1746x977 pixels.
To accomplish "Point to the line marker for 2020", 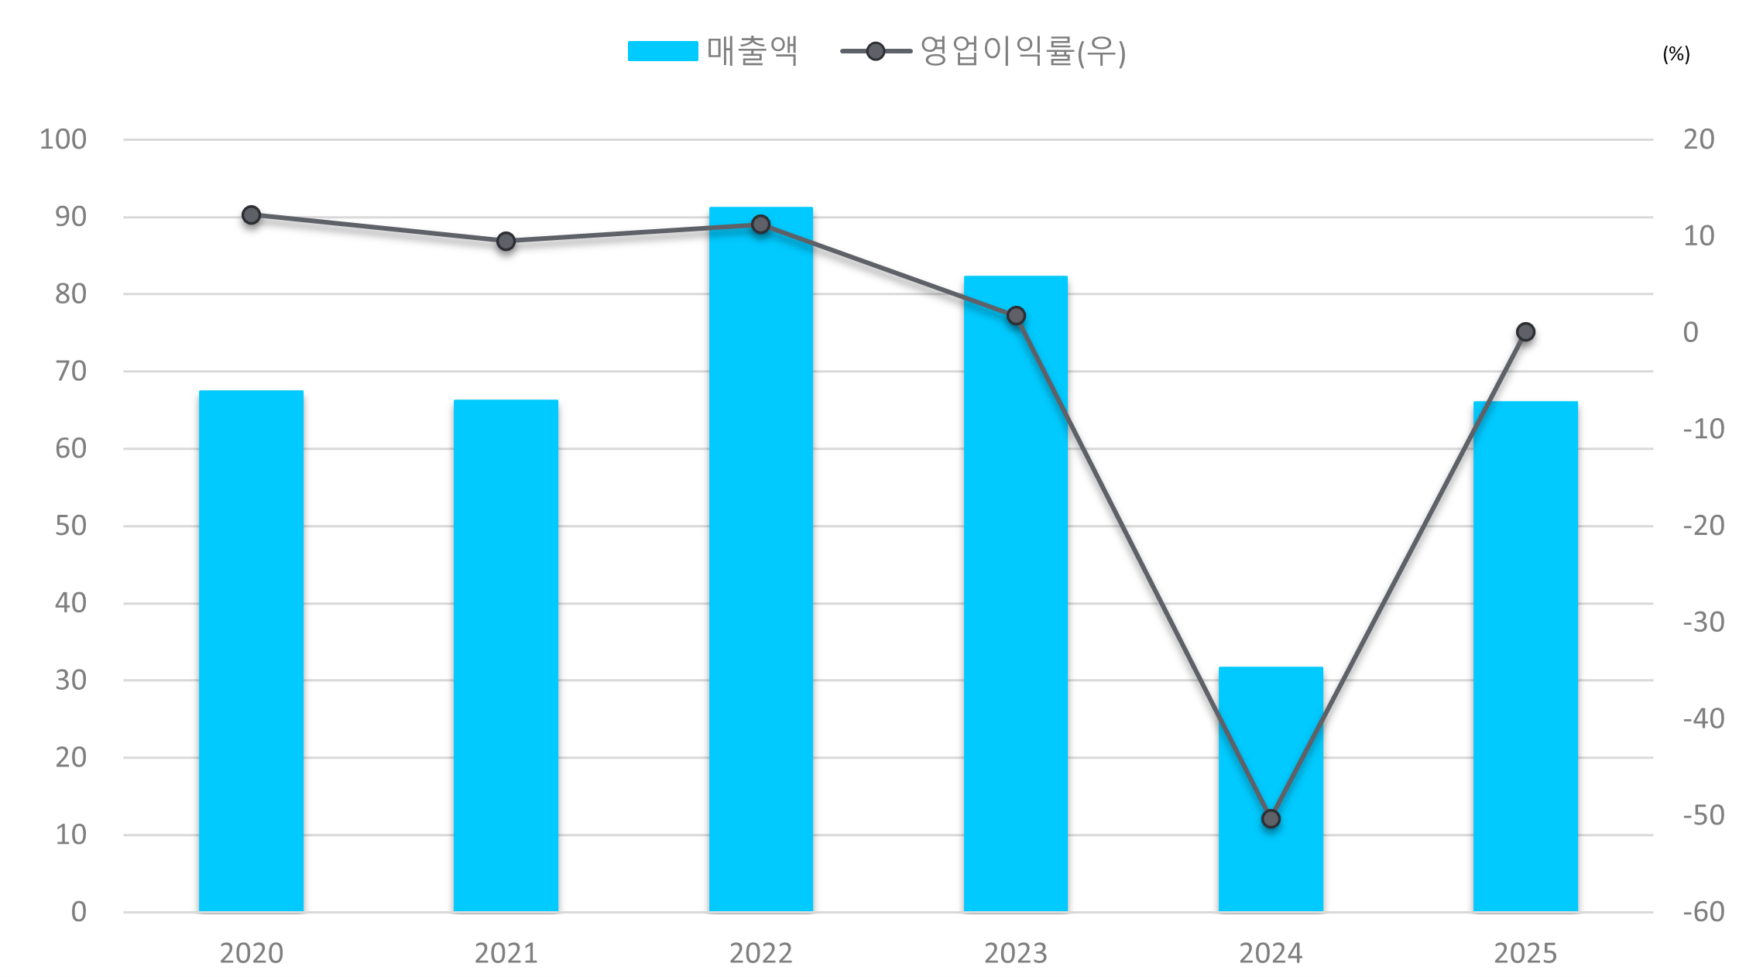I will [x=251, y=215].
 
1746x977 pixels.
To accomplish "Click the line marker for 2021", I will [x=506, y=242].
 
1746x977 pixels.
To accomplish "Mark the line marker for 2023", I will [x=1016, y=316].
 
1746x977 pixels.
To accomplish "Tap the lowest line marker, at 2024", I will [x=1271, y=819].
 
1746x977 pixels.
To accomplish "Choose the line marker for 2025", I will [x=1525, y=332].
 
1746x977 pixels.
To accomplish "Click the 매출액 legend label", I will [x=752, y=51].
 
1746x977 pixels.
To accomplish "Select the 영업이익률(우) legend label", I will [x=1022, y=51].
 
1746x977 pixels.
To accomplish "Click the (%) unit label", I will [x=1676, y=54].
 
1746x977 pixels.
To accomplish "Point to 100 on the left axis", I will [x=63, y=139].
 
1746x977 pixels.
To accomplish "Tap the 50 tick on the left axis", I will [x=70, y=526].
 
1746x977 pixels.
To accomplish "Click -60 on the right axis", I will [x=1703, y=912].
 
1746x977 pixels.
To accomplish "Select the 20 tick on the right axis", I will [x=1699, y=139].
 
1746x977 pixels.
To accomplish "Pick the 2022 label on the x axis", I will [x=760, y=953].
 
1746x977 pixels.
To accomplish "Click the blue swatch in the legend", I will [x=663, y=51].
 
